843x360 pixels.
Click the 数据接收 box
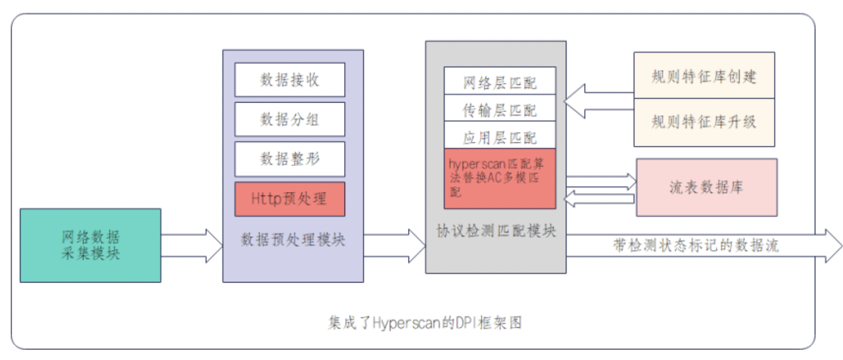click(290, 79)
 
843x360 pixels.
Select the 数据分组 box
click(290, 119)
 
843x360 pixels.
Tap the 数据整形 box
click(290, 159)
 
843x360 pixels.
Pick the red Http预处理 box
click(290, 199)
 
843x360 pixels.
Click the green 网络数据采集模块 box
click(91, 245)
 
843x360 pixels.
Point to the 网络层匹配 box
click(499, 81)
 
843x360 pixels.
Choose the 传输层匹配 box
click(499, 109)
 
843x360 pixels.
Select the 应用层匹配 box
click(499, 136)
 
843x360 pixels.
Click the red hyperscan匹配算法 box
click(499, 178)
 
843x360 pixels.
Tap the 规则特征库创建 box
click(704, 76)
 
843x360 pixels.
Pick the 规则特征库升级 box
click(704, 122)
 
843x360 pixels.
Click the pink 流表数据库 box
click(706, 188)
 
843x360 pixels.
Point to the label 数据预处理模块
click(293, 240)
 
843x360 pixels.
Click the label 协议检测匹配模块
click(496, 231)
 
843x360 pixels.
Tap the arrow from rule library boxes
click(599, 101)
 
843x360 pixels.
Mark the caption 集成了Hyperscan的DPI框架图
click(425, 322)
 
